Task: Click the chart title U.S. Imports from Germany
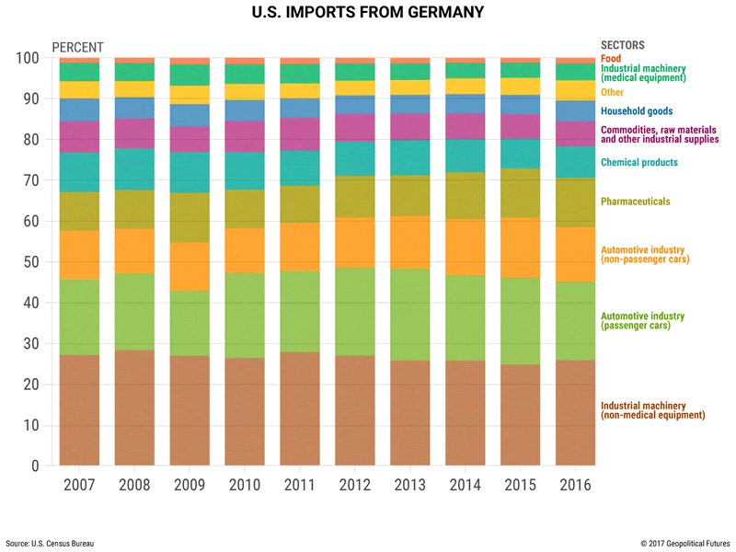367,14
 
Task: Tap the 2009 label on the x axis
189,484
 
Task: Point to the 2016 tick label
575,484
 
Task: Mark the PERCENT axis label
77,47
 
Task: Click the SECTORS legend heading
623,45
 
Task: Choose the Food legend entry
611,58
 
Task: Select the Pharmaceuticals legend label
635,201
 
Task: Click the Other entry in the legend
613,92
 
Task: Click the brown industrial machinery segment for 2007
79,409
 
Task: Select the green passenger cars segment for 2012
354,312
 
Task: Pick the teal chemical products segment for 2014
465,155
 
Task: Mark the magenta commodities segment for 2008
134,133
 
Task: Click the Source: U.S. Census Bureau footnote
51,544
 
